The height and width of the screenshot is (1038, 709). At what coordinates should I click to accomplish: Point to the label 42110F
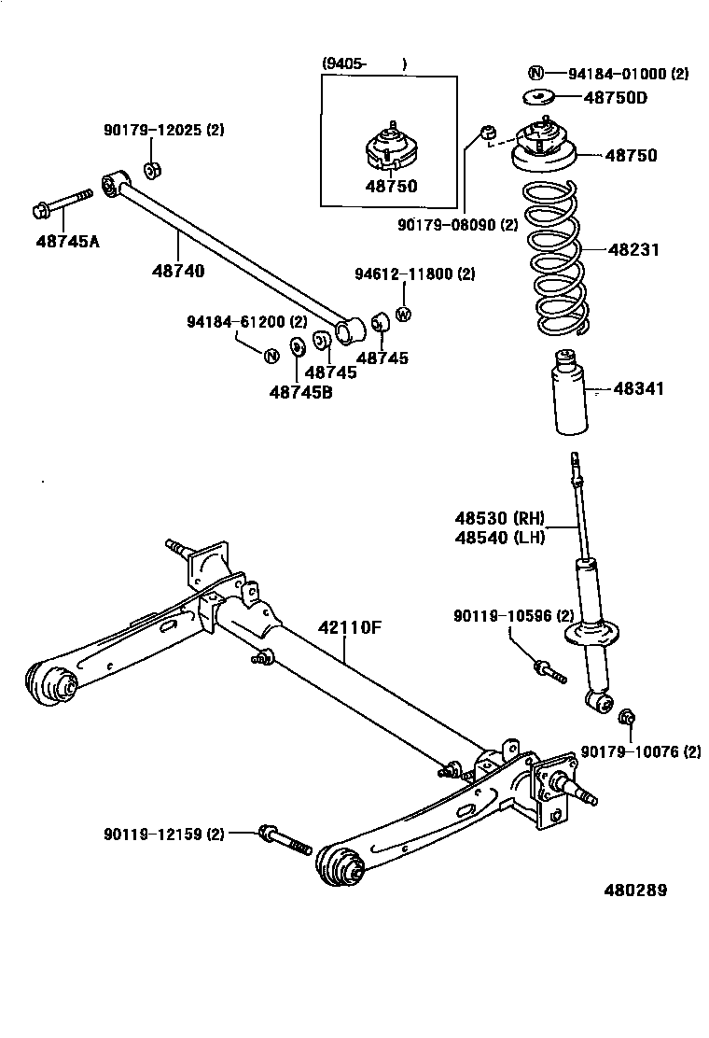pos(350,626)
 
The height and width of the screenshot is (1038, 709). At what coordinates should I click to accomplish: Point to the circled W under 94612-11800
pos(403,315)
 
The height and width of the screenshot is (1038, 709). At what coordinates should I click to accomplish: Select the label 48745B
pos(300,392)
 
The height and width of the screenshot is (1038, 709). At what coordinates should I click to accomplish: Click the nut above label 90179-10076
pos(627,717)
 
